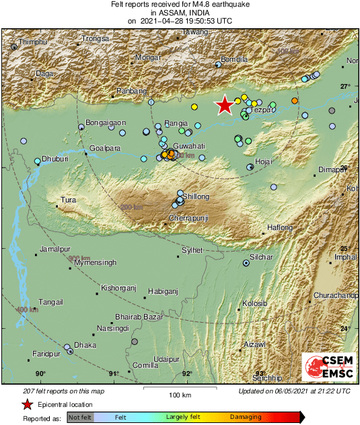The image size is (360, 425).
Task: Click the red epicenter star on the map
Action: click(224, 105)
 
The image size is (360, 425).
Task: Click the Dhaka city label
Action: click(85, 345)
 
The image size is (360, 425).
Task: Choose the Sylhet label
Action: click(192, 250)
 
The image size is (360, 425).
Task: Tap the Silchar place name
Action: click(261, 257)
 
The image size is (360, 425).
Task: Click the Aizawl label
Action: click(255, 344)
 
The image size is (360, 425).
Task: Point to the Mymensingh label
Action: click(95, 262)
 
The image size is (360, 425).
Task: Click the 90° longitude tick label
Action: click(40, 374)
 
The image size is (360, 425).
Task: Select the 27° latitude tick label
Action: click(345, 86)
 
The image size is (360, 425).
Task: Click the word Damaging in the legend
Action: click(246, 417)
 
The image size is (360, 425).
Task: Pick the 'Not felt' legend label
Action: click(80, 417)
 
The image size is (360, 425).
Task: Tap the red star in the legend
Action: click(27, 404)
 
